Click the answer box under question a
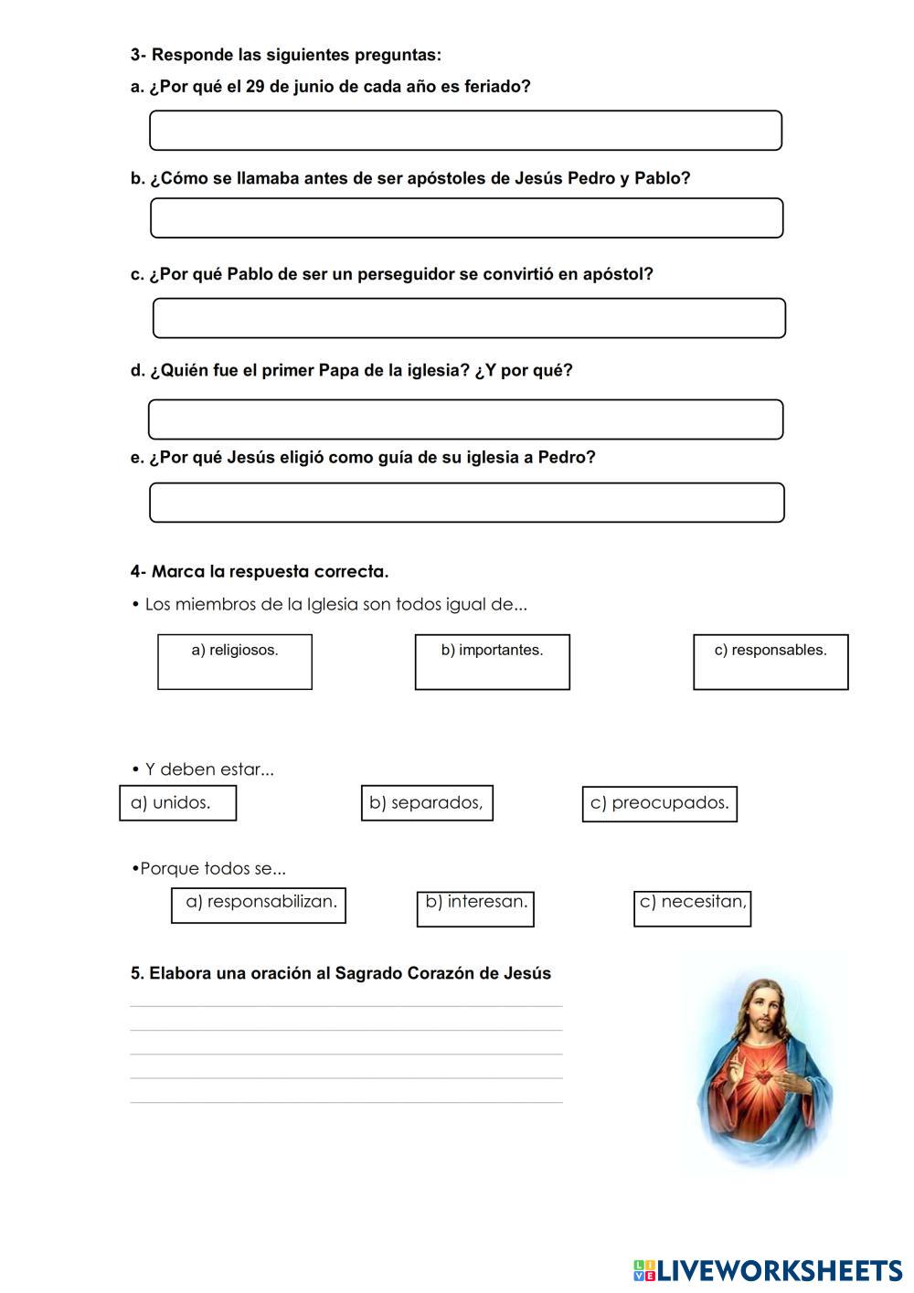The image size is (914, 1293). (x=465, y=131)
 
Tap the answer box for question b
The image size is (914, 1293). (x=466, y=218)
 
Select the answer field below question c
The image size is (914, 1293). (x=469, y=318)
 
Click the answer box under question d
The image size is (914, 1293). (x=465, y=419)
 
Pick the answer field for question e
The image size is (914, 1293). (x=466, y=503)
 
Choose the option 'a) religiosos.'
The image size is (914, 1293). (x=235, y=662)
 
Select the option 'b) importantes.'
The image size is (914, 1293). (x=492, y=662)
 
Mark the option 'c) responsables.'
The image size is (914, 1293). (x=771, y=662)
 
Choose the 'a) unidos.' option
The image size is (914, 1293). (x=177, y=803)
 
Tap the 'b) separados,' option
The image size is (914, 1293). (x=427, y=803)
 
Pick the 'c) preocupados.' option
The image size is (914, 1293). (x=659, y=804)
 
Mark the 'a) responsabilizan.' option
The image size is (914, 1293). (x=259, y=905)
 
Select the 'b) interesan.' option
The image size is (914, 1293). (x=475, y=908)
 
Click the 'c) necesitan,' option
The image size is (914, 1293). (x=692, y=907)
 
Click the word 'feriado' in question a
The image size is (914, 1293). (x=498, y=87)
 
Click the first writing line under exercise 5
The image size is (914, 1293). (x=345, y=1005)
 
